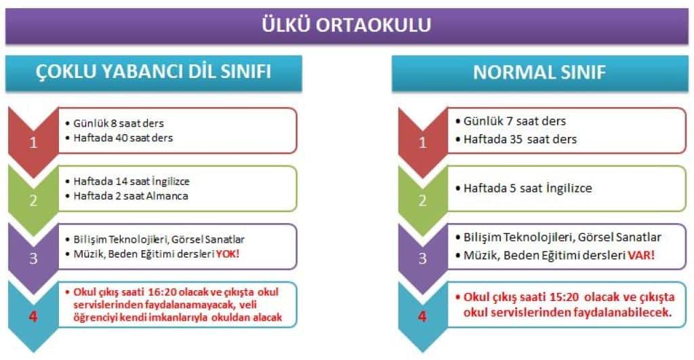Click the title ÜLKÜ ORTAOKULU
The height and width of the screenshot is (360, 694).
346,25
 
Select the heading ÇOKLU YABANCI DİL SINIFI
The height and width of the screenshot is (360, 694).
154,72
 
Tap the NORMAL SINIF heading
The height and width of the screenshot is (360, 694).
539,73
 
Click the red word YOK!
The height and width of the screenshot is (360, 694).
228,254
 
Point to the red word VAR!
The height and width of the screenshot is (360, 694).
641,256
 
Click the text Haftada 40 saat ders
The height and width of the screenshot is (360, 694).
123,138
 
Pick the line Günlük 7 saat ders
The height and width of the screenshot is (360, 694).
515,121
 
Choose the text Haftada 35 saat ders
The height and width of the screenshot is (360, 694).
520,140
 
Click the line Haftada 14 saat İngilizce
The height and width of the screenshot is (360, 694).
131,181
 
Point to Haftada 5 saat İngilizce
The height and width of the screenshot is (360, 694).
527,188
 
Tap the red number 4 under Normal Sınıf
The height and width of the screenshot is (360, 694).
422,317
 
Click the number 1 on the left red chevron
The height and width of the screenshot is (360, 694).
33,142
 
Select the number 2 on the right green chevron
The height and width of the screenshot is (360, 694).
423,201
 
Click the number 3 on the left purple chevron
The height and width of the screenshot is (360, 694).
33,258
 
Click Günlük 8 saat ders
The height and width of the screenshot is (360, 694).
119,123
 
